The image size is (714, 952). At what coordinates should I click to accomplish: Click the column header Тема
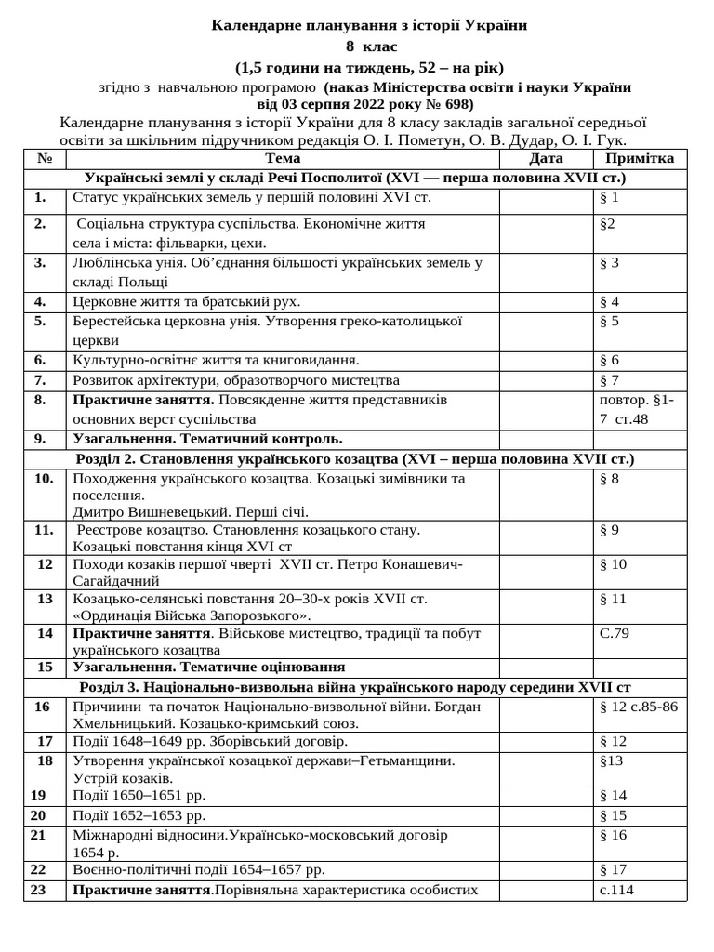click(283, 159)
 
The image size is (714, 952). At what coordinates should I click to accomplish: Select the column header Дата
click(546, 159)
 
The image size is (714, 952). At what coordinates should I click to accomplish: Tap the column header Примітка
click(640, 159)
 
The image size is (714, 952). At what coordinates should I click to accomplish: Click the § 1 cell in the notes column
click(610, 198)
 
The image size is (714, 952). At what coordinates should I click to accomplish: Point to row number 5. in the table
click(40, 322)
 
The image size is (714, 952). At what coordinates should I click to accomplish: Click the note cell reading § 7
click(610, 380)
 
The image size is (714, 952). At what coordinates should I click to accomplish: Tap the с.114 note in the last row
click(618, 891)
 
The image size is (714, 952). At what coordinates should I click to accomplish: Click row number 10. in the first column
click(43, 479)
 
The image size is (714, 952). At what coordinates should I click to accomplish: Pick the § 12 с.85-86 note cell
click(639, 707)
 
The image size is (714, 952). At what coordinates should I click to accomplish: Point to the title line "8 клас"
click(357, 46)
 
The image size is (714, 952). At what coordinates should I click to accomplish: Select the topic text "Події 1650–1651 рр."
click(139, 796)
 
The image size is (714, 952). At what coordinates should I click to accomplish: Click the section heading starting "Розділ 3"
click(356, 688)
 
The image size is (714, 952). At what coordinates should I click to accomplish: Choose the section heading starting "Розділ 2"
click(356, 459)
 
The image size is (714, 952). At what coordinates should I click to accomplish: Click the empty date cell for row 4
click(546, 302)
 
